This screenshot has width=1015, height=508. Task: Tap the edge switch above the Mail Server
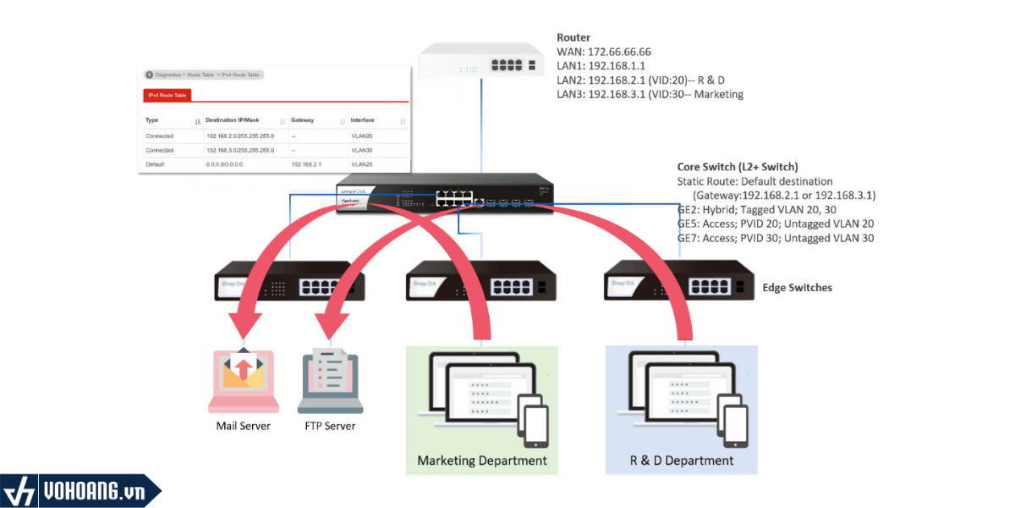(289, 281)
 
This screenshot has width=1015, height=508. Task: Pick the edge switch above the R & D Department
(678, 281)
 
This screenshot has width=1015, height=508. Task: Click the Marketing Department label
(482, 461)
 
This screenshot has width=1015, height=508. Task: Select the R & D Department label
(682, 461)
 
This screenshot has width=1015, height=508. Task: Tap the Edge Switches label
(798, 288)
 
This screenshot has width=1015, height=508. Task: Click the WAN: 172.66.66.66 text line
(603, 52)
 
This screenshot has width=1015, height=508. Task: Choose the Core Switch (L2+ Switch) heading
(738, 168)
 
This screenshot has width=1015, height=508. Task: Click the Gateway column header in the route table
(302, 120)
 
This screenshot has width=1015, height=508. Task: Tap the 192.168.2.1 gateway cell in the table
(306, 163)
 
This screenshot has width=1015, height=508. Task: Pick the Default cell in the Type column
(156, 163)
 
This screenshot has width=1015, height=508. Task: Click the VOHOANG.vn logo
(80, 491)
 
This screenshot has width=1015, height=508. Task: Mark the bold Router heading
(573, 38)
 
